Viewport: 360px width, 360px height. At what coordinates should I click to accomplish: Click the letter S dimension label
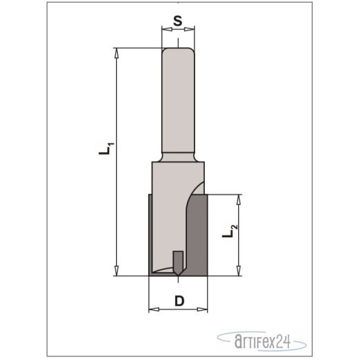click(178, 21)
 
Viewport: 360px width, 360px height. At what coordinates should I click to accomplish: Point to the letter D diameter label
click(179, 301)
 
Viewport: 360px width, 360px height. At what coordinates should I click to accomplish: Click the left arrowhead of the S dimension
click(164, 30)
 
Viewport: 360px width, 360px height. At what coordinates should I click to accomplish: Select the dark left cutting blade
click(153, 235)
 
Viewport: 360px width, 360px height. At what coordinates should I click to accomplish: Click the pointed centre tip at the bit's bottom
click(178, 273)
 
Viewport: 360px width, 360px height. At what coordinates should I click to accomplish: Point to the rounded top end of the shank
click(178, 50)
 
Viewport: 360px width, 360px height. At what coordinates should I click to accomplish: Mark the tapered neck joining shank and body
click(178, 157)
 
